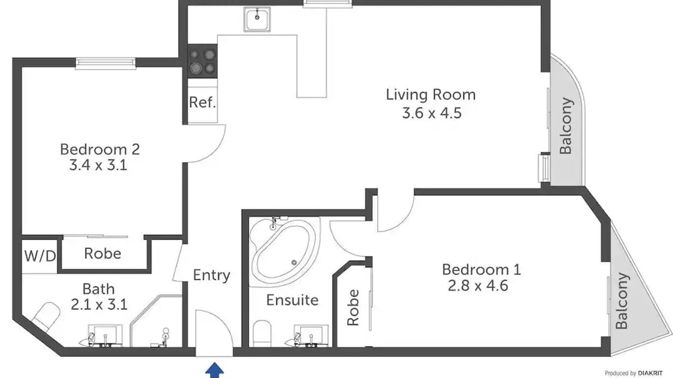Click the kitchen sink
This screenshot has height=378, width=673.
point(257,19)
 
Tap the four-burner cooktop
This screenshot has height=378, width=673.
point(202,61)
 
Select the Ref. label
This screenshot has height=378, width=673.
point(202,102)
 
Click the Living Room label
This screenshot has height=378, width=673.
point(431,95)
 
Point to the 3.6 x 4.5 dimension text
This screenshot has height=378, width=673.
point(432,113)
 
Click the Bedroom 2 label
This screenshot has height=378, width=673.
point(100,150)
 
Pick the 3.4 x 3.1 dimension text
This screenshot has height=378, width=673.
point(98,165)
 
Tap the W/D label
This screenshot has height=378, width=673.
point(40,256)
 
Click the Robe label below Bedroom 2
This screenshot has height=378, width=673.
point(103,254)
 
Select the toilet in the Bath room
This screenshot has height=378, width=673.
point(45,316)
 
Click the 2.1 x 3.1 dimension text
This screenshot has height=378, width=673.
point(99,304)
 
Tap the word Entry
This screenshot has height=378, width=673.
point(211,275)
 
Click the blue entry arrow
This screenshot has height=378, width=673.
point(215,370)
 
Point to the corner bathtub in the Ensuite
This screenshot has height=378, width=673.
point(283,251)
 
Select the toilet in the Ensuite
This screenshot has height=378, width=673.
point(262,333)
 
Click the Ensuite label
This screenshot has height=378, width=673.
point(292,300)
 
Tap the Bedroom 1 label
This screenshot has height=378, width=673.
point(481,269)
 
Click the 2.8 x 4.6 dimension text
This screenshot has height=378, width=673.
point(478,285)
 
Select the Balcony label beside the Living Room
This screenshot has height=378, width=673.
point(566,125)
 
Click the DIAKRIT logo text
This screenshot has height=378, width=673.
point(650,373)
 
